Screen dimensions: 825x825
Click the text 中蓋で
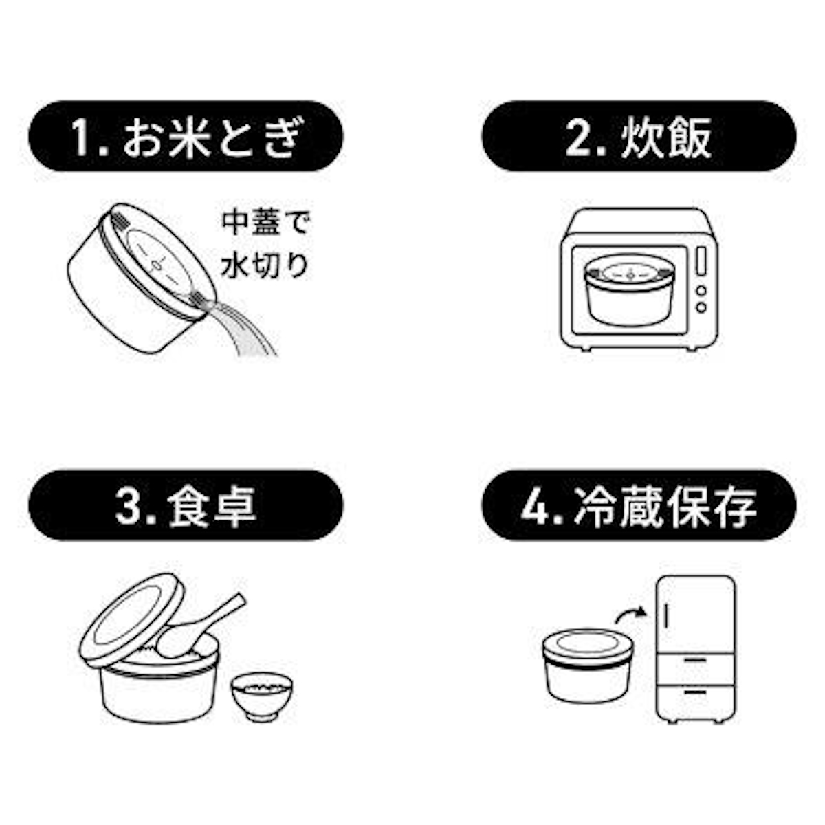(265, 224)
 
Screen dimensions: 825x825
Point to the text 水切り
(264, 266)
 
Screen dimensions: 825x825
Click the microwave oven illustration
(639, 278)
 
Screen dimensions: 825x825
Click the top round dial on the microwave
(701, 290)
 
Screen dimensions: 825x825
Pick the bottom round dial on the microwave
(701, 307)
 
